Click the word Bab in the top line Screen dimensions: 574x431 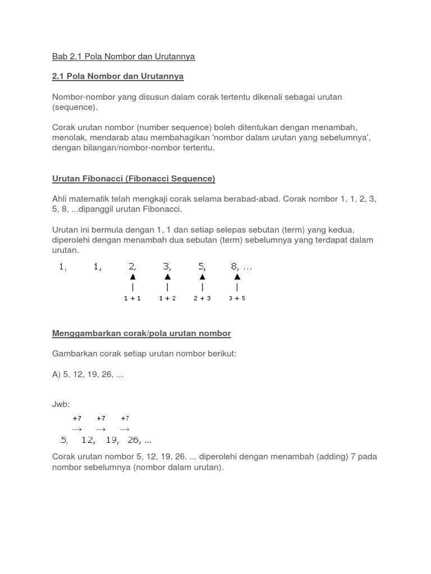coord(59,57)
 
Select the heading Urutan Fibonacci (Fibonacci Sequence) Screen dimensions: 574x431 coord(134,179)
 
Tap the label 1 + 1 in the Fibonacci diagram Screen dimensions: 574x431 coord(132,299)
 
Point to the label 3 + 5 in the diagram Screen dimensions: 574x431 coord(237,299)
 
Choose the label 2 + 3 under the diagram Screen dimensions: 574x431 coord(202,299)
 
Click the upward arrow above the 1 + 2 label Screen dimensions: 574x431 coord(167,277)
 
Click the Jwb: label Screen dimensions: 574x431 coord(61,405)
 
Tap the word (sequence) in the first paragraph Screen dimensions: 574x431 coord(75,107)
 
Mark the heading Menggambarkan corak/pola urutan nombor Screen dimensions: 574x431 coord(141,334)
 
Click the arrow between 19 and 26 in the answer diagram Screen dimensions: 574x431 coord(125,429)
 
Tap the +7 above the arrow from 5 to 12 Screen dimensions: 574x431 coord(77,418)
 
